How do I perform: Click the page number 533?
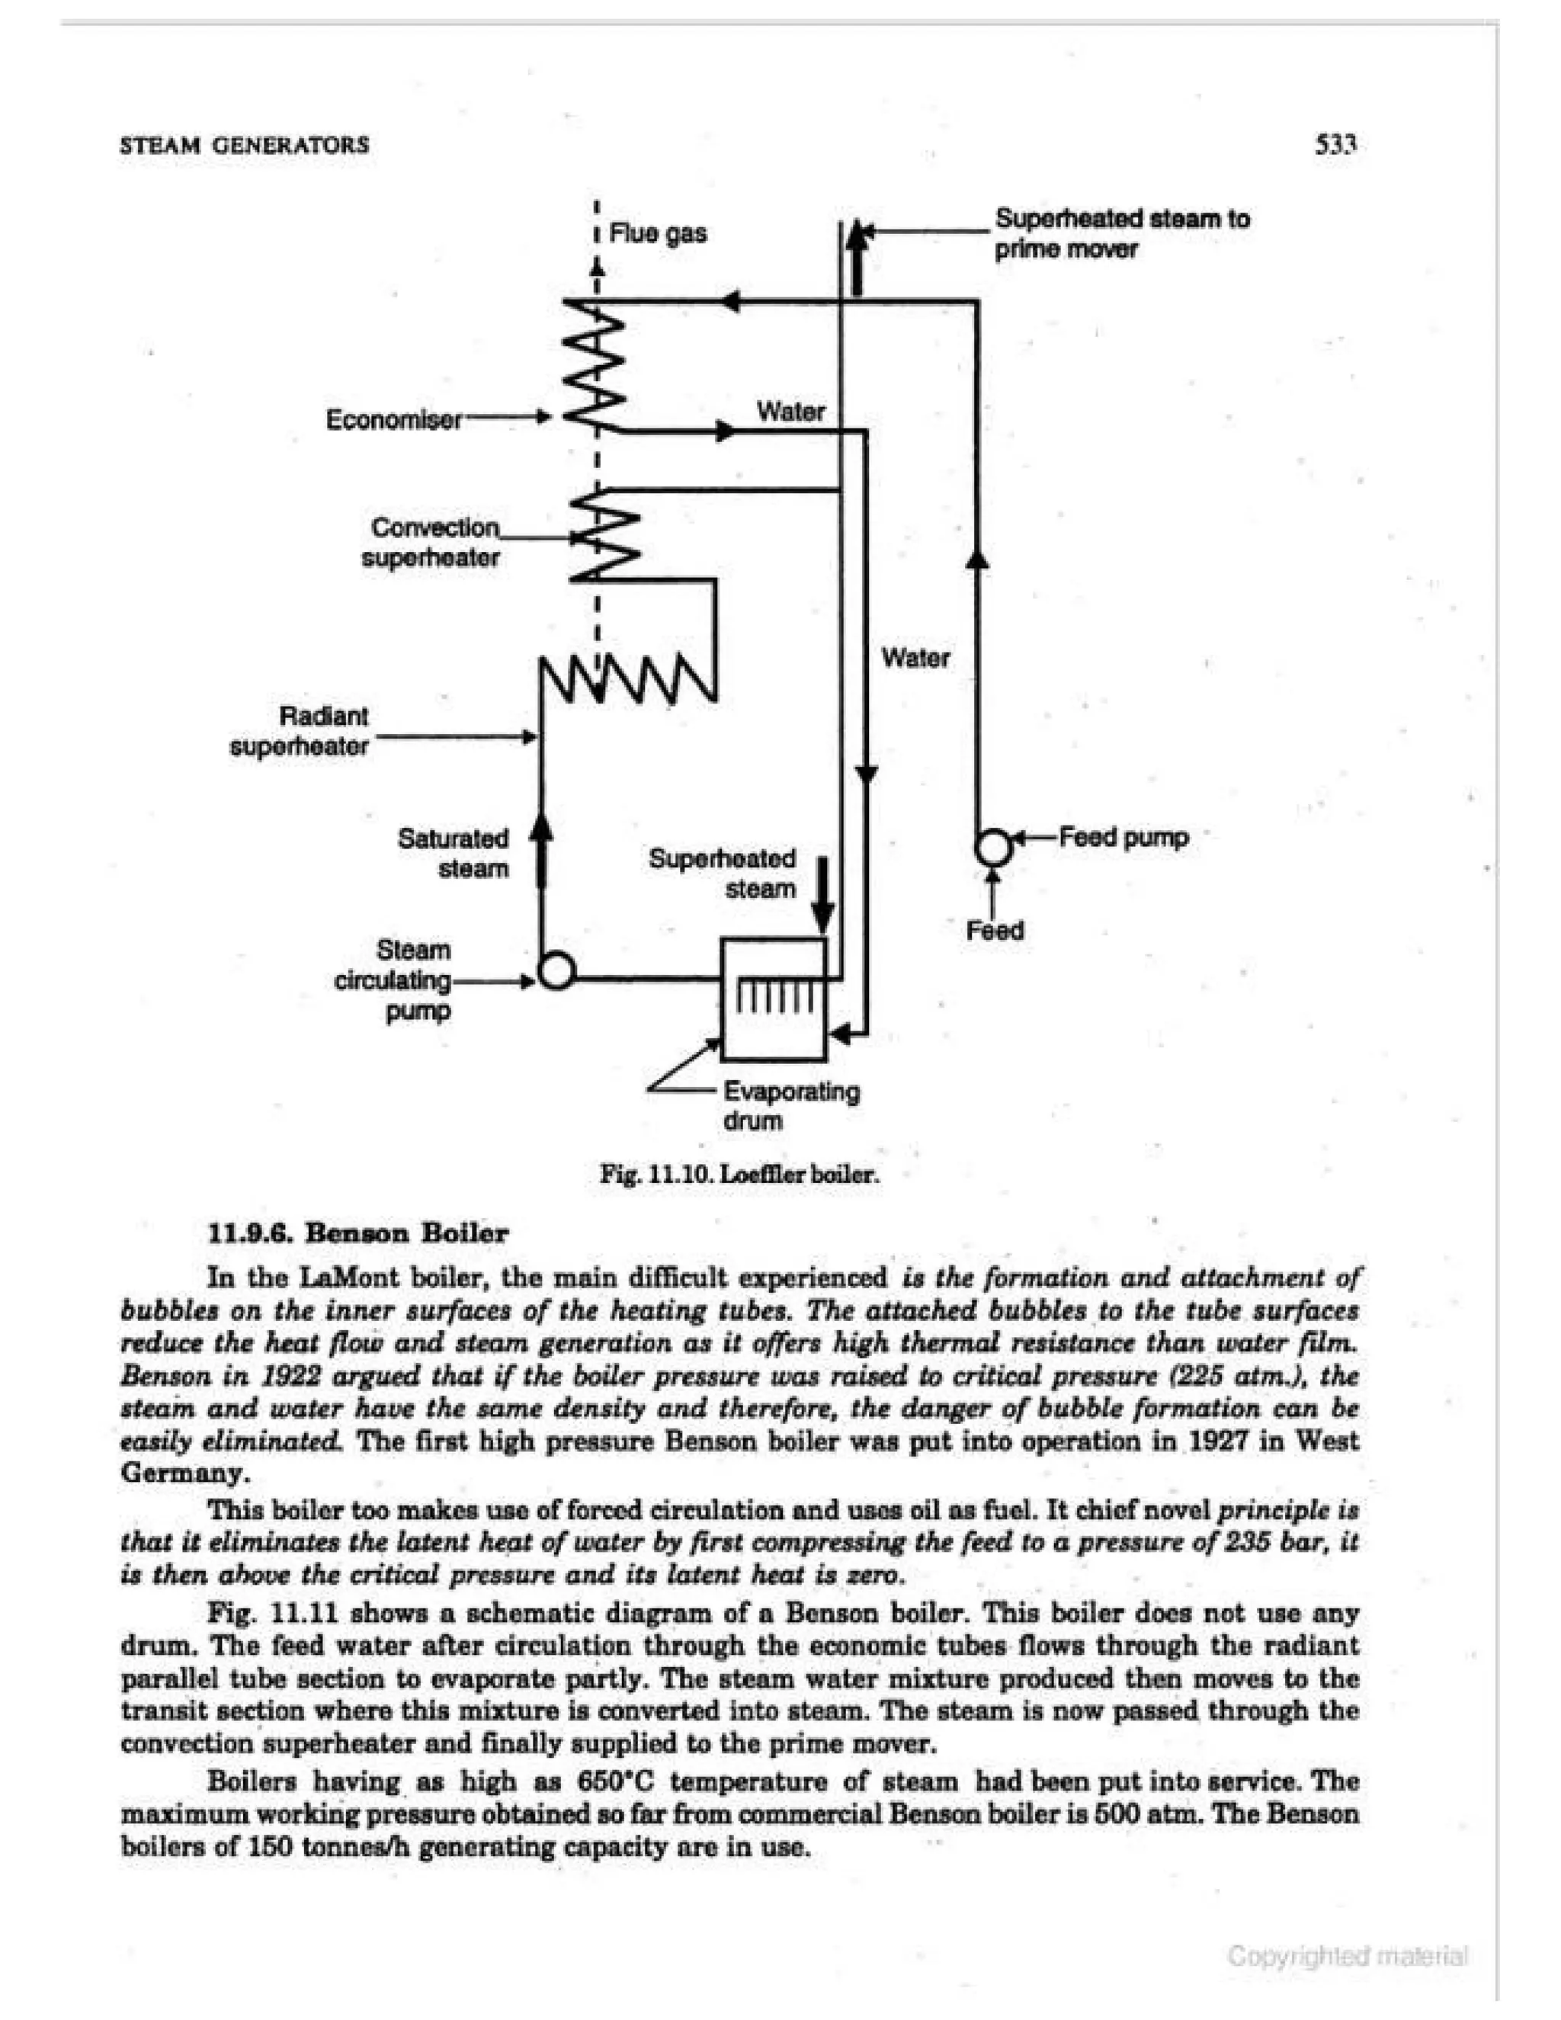point(1335,144)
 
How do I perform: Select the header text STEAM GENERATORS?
point(245,144)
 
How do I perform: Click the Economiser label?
point(393,420)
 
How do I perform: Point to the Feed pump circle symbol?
point(994,846)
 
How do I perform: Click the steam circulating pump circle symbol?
point(556,971)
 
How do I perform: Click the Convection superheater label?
point(432,543)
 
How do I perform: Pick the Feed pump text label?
point(1123,838)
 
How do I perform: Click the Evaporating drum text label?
point(790,1106)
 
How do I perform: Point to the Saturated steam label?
point(454,854)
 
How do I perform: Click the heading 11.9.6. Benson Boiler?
point(359,1234)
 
